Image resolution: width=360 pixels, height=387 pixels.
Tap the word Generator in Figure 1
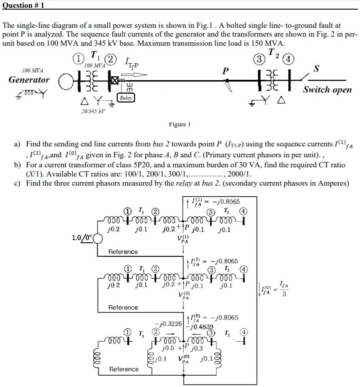29,80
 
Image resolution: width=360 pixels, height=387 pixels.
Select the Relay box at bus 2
125,98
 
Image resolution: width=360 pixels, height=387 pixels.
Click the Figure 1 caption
180,125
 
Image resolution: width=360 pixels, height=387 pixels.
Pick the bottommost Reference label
124,369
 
